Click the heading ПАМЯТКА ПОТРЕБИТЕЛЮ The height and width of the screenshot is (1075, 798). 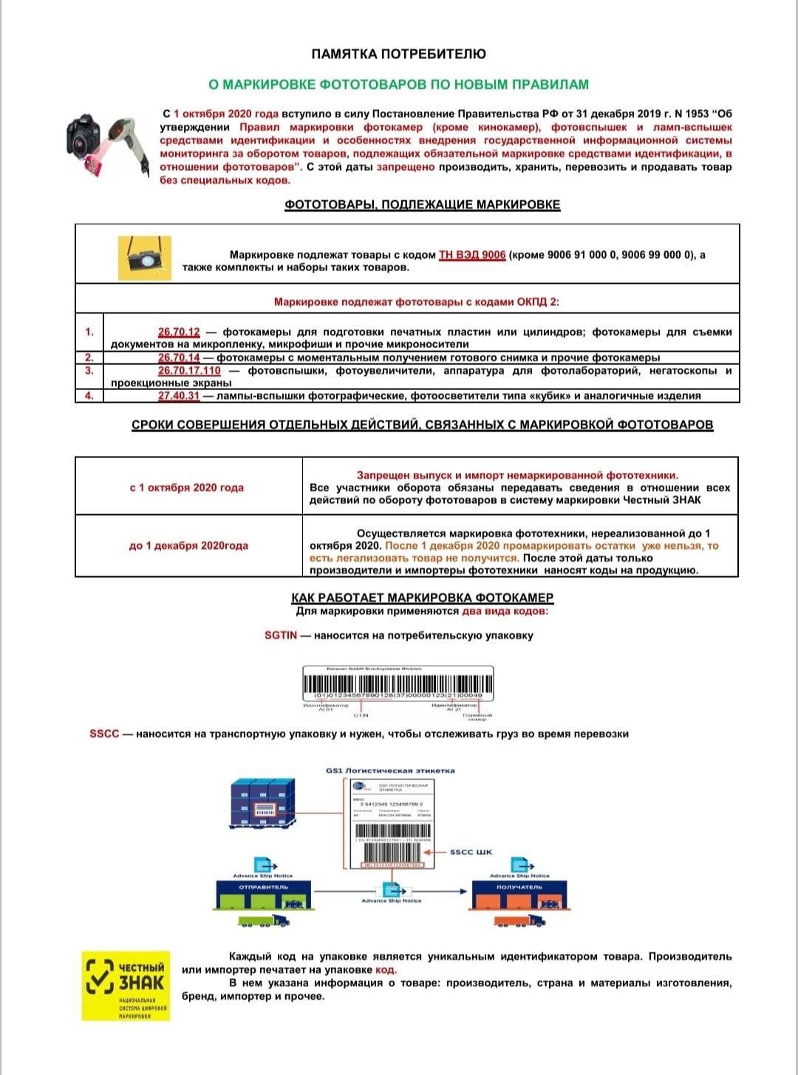pyautogui.click(x=398, y=54)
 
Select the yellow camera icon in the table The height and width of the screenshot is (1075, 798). pyautogui.click(x=145, y=259)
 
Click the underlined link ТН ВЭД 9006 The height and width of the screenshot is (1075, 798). pyautogui.click(x=472, y=255)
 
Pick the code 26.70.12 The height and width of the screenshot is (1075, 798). pyautogui.click(x=179, y=332)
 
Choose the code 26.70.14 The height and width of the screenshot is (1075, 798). pyautogui.click(x=179, y=358)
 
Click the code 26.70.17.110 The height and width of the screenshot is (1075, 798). pyautogui.click(x=189, y=371)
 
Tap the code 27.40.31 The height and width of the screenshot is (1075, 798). pyautogui.click(x=179, y=396)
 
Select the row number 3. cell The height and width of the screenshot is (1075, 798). pyautogui.click(x=89, y=371)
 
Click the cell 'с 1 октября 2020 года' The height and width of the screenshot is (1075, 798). pyautogui.click(x=187, y=488)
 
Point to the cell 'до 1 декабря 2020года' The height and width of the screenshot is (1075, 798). pyautogui.click(x=188, y=546)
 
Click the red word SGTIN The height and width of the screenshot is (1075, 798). pyautogui.click(x=281, y=635)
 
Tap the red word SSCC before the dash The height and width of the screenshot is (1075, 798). pyautogui.click(x=104, y=734)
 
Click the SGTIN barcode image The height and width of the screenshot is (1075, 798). pyautogui.click(x=398, y=684)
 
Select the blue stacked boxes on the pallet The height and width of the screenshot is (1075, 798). pyautogui.click(x=262, y=803)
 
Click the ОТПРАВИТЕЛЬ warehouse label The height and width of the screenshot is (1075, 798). pyautogui.click(x=264, y=887)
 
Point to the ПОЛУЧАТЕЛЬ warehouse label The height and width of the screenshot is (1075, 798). pyautogui.click(x=519, y=887)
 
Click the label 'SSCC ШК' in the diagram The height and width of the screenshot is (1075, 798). pyautogui.click(x=471, y=852)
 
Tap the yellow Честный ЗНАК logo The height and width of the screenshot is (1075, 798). pyautogui.click(x=126, y=986)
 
